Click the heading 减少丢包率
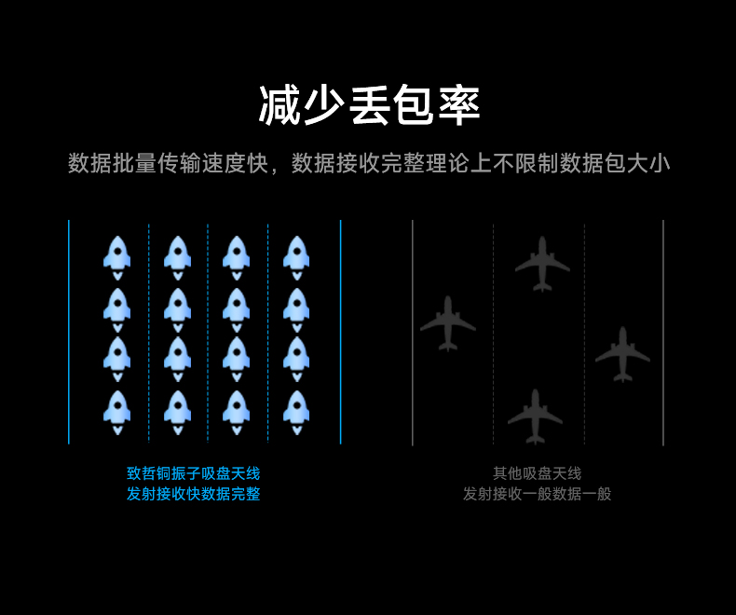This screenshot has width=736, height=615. click(369, 105)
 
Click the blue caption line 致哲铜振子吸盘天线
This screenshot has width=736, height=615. click(193, 473)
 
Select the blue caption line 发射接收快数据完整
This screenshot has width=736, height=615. click(193, 494)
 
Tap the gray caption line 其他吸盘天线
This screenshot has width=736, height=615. click(537, 473)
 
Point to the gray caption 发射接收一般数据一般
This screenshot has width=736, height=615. click(537, 494)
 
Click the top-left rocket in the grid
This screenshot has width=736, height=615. click(117, 256)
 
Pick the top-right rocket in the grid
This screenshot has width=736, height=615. click(296, 256)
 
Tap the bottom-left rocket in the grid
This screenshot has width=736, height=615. click(117, 411)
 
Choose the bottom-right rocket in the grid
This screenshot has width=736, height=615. click(296, 411)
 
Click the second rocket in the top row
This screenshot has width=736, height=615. click(177, 256)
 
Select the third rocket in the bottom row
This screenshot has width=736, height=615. click(237, 411)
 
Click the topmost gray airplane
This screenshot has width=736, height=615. click(542, 263)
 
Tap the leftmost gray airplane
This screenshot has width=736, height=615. click(448, 322)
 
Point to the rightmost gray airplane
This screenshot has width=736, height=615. click(622, 353)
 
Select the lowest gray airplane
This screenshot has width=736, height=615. click(535, 416)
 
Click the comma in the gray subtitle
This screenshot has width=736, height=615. click(277, 169)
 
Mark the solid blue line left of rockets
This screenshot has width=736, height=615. click(69, 332)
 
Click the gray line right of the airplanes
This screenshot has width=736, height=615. click(663, 332)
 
